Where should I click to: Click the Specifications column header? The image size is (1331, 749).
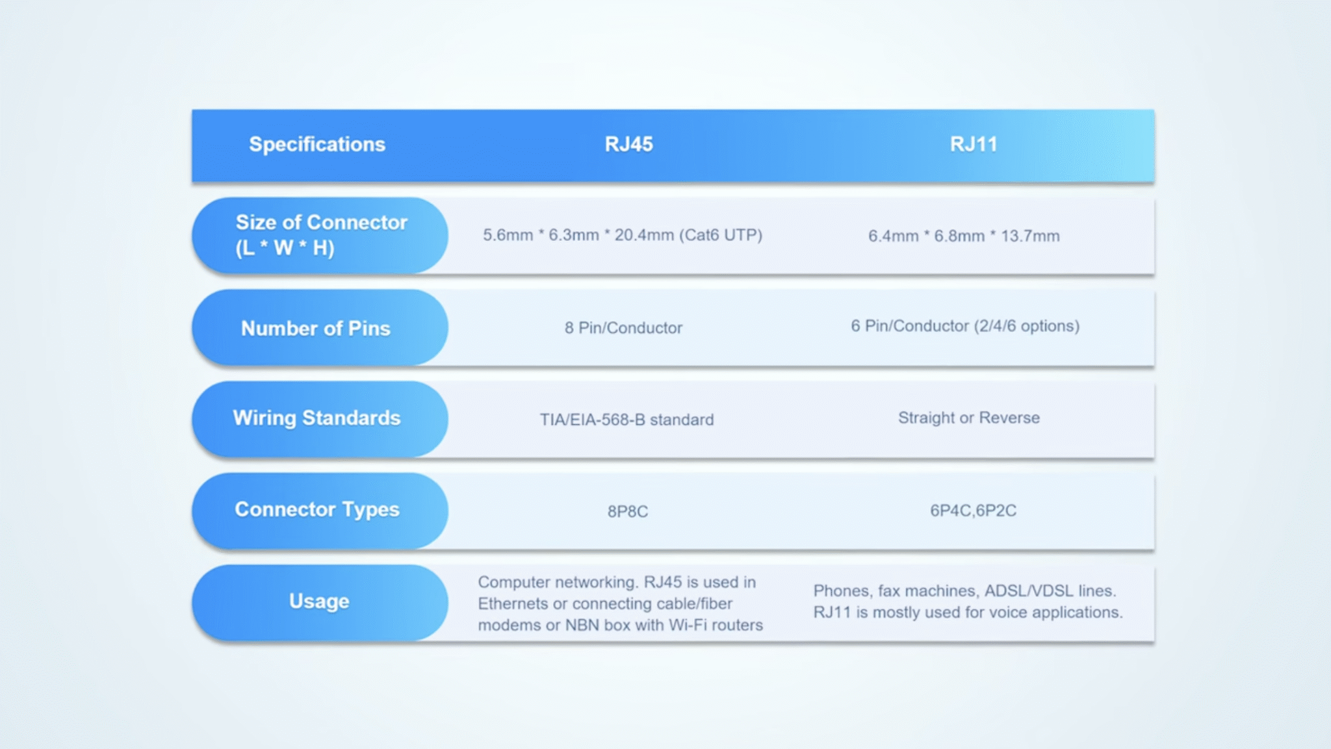pos(317,144)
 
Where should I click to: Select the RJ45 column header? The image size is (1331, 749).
pos(628,144)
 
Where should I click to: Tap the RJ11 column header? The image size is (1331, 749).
pos(973,144)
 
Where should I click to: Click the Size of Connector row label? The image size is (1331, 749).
pos(320,235)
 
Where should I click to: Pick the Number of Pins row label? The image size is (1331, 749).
pos(316,328)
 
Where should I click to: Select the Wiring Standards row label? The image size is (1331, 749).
pos(317,418)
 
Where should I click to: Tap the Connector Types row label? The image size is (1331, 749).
pos(317,510)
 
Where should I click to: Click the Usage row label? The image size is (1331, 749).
pos(319,602)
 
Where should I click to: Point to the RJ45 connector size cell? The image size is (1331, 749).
pos(622,235)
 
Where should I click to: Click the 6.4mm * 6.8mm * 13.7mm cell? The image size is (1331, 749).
pos(964,236)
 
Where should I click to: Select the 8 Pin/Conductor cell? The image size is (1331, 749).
pos(623,328)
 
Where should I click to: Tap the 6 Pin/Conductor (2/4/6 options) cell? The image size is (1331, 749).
pos(965,326)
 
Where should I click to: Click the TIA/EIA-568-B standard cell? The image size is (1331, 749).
pos(627,420)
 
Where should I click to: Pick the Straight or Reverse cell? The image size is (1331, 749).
pos(968,418)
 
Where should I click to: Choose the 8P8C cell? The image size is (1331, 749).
pos(628,511)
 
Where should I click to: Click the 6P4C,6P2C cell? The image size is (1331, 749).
pos(973,511)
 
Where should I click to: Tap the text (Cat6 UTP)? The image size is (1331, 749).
pos(721,235)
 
